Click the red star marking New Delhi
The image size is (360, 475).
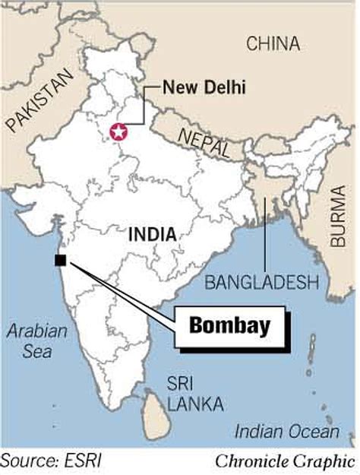[118, 131]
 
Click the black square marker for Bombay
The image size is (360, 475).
[61, 261]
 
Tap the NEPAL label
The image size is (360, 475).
[204, 144]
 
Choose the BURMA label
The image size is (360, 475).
[339, 217]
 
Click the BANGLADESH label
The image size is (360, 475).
[262, 283]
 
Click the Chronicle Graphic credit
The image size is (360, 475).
[285, 460]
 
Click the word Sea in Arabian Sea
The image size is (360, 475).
[36, 352]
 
